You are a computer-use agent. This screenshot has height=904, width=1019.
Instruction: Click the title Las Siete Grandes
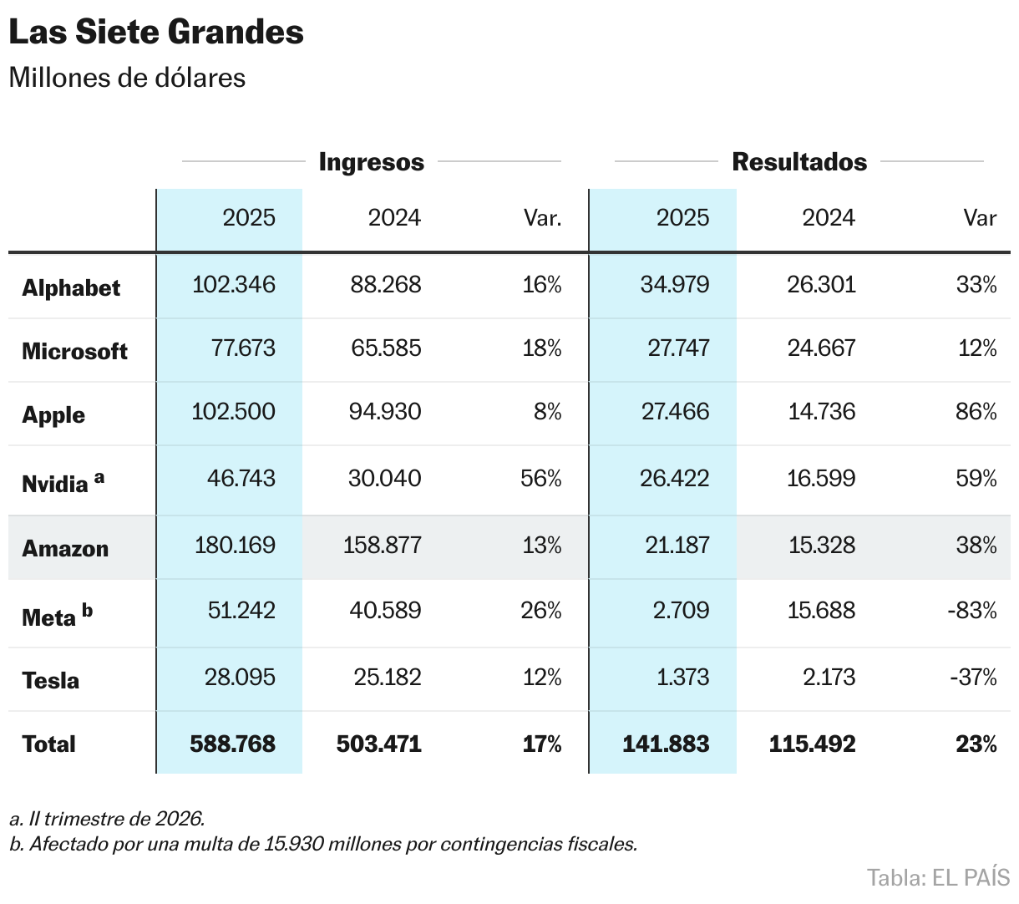[156, 33]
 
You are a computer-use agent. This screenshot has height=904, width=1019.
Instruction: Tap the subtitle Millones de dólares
[127, 78]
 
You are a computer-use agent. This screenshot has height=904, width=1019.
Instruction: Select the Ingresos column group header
[371, 162]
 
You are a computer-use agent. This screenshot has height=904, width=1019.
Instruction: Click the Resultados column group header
[799, 162]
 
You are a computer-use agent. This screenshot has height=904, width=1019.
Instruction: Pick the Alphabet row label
[71, 287]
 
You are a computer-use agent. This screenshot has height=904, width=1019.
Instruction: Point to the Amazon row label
[65, 549]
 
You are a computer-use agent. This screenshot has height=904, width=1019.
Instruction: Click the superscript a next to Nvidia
[99, 477]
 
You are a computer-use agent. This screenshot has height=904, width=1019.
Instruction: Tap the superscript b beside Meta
[87, 611]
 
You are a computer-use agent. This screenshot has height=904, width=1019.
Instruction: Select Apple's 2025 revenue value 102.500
[234, 411]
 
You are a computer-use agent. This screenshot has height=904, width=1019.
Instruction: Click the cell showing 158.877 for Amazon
[382, 546]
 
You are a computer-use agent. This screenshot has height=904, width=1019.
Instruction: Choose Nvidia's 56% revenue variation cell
[541, 478]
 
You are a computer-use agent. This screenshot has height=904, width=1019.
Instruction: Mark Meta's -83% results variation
[972, 610]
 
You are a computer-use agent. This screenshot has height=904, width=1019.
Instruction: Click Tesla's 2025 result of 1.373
[682, 676]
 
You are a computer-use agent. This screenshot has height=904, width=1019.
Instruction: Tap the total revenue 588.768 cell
[232, 744]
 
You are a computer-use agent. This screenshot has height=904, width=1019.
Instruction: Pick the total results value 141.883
[666, 744]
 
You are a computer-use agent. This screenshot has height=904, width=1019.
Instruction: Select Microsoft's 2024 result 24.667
[821, 348]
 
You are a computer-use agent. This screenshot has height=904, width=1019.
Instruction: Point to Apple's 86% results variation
[976, 411]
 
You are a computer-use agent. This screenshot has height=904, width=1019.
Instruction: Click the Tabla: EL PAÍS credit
[938, 878]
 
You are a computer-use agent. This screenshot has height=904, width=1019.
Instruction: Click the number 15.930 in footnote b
[294, 844]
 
